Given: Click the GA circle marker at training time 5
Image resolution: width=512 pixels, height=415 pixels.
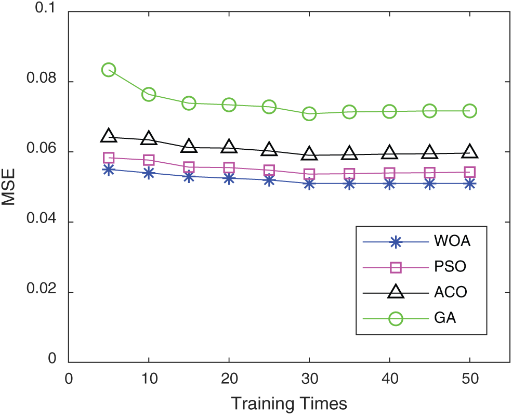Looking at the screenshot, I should [x=109, y=70].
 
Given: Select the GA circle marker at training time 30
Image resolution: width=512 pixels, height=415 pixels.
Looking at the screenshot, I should [x=309, y=113].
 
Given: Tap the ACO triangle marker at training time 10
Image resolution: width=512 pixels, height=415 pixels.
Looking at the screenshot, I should [x=149, y=138].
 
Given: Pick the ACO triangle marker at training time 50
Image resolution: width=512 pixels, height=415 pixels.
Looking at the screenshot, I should [x=469, y=152].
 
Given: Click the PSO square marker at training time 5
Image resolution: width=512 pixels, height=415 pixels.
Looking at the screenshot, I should [x=109, y=158].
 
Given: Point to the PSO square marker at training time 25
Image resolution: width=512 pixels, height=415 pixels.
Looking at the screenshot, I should [x=269, y=170].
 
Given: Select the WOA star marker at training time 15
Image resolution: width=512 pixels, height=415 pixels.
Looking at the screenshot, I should [x=189, y=176].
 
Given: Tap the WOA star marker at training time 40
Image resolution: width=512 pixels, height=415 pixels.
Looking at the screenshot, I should [x=389, y=184].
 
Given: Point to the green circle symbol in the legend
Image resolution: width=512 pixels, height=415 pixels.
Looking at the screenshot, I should [x=396, y=318].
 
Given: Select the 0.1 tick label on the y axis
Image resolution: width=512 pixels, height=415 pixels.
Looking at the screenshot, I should [x=49, y=11].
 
